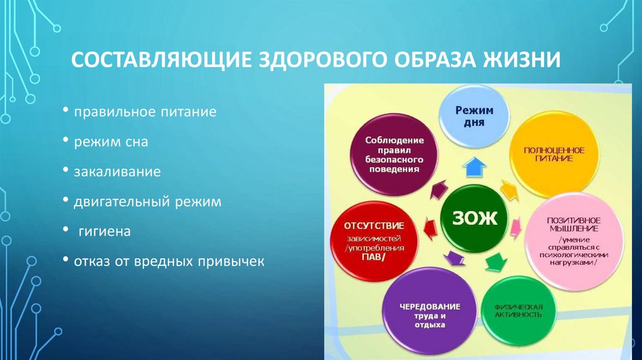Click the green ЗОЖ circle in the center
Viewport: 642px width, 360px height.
coord(473,219)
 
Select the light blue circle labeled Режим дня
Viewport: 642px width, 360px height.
coord(474,117)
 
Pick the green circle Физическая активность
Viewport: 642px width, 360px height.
coord(517,310)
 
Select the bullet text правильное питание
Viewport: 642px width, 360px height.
coord(145,113)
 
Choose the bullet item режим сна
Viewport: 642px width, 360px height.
coord(111,142)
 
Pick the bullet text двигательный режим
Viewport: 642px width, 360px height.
coord(147,202)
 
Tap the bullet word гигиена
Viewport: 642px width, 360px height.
coord(104,232)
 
